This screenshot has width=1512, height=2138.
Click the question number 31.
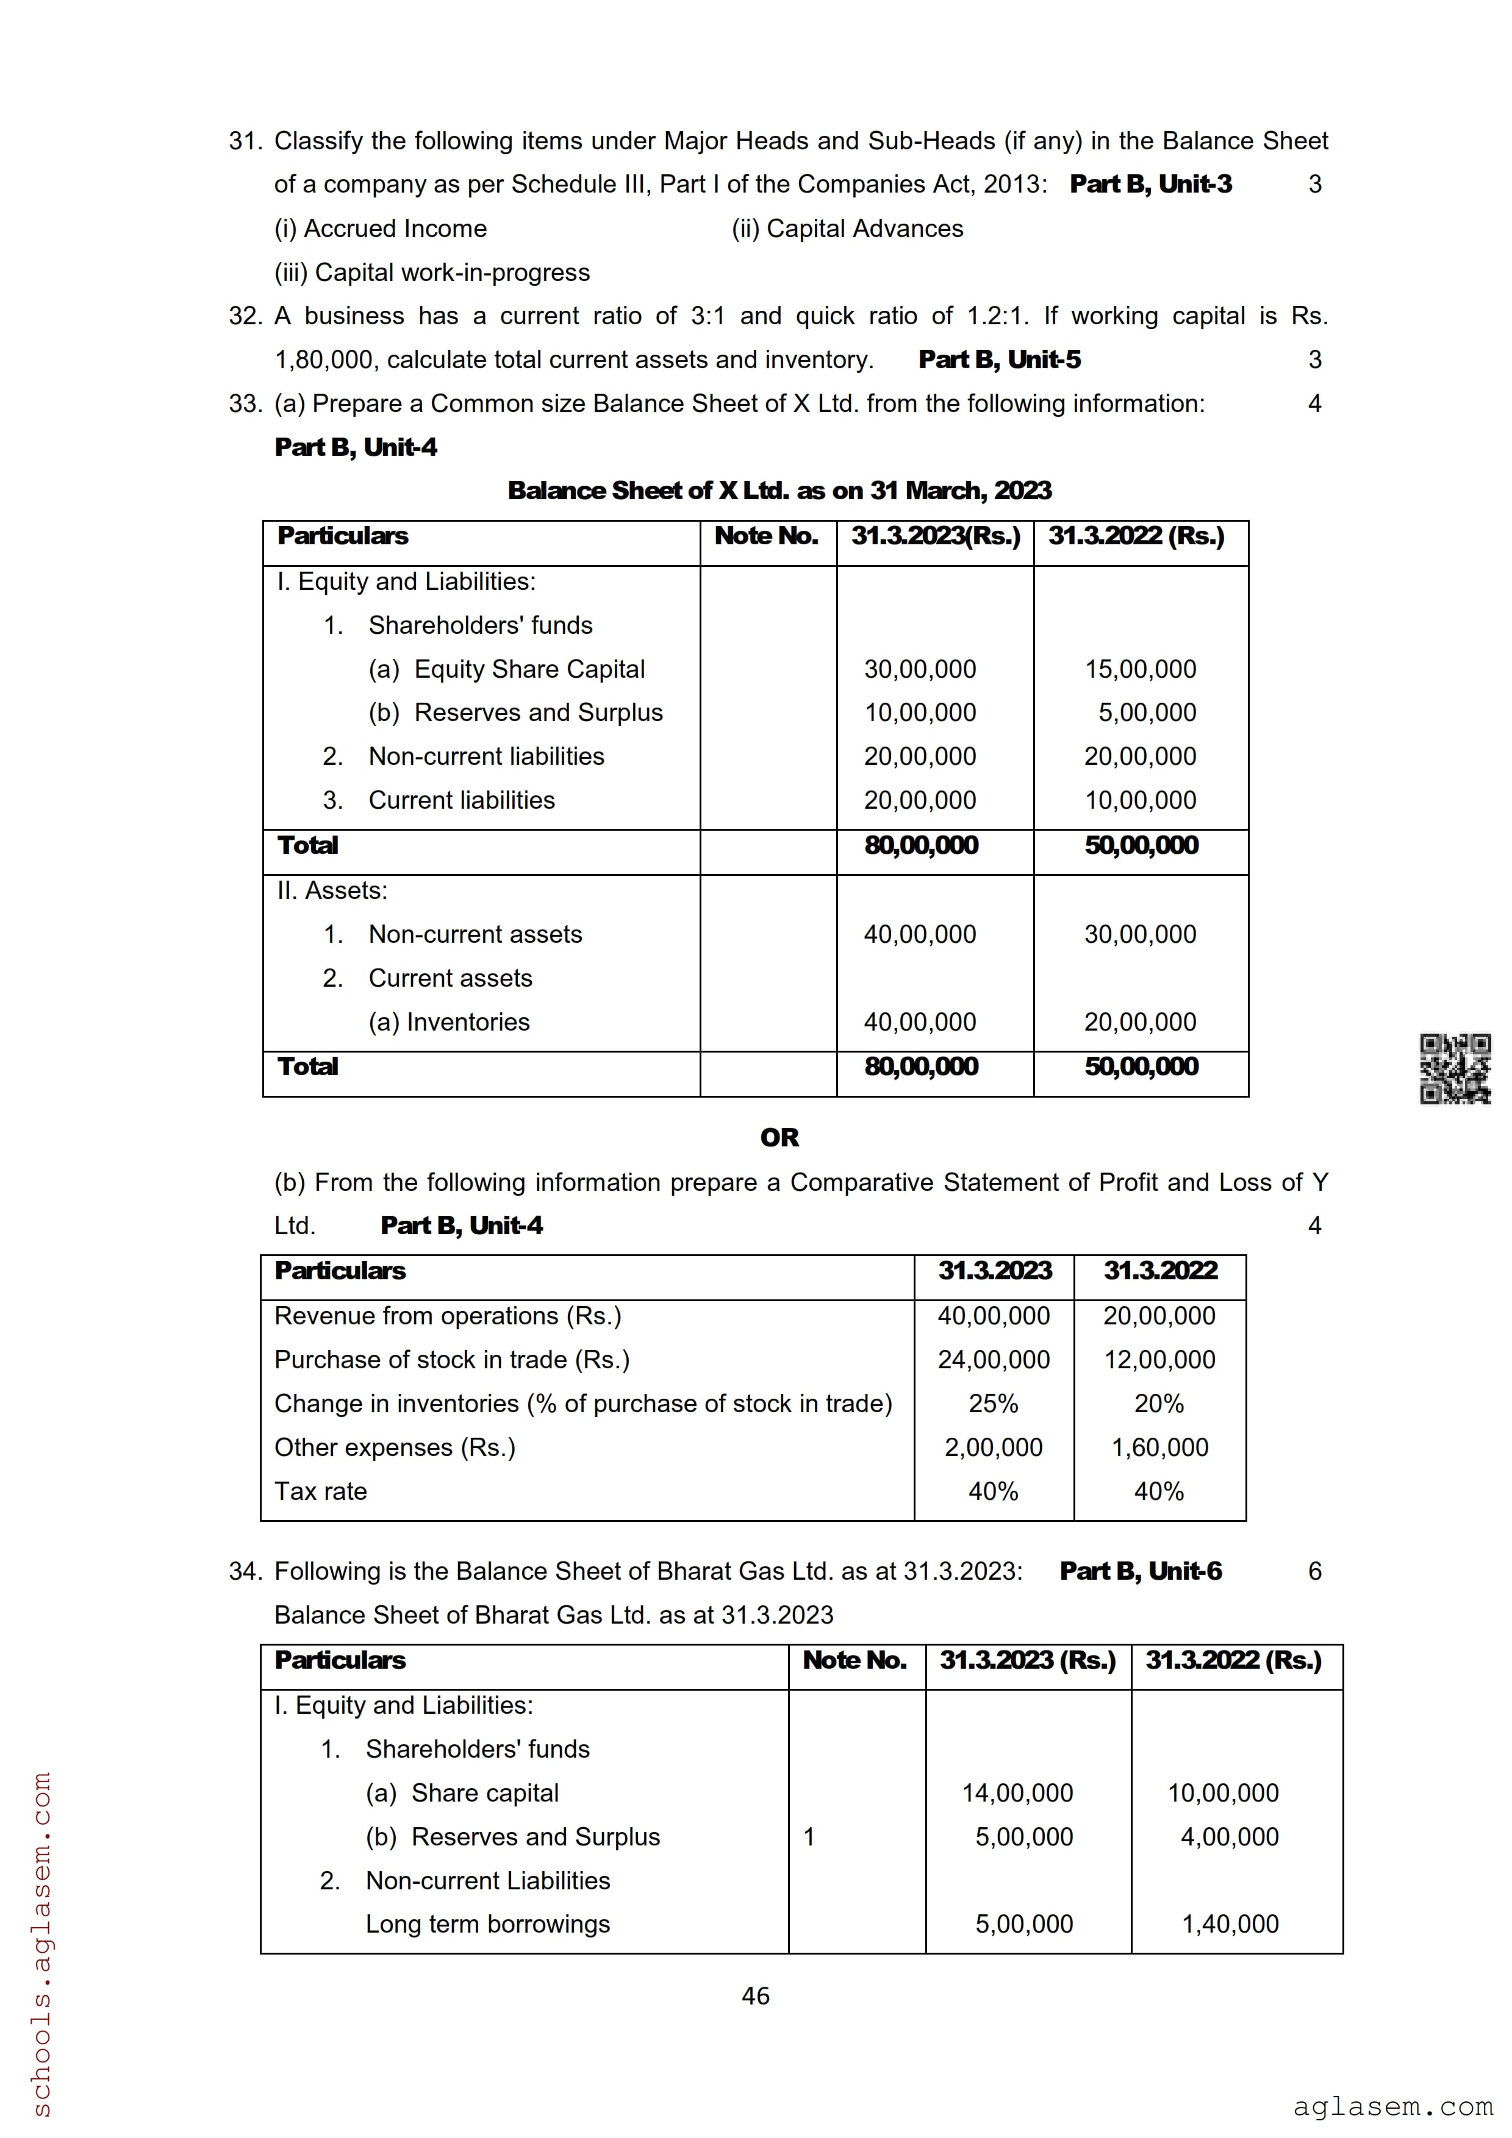[245, 141]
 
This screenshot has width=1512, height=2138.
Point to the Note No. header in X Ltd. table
[766, 536]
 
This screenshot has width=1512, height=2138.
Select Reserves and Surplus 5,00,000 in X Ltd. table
[1146, 712]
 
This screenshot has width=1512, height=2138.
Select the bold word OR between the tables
[779, 1137]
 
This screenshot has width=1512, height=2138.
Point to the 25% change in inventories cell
[993, 1404]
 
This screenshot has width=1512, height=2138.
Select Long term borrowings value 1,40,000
[1230, 1924]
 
